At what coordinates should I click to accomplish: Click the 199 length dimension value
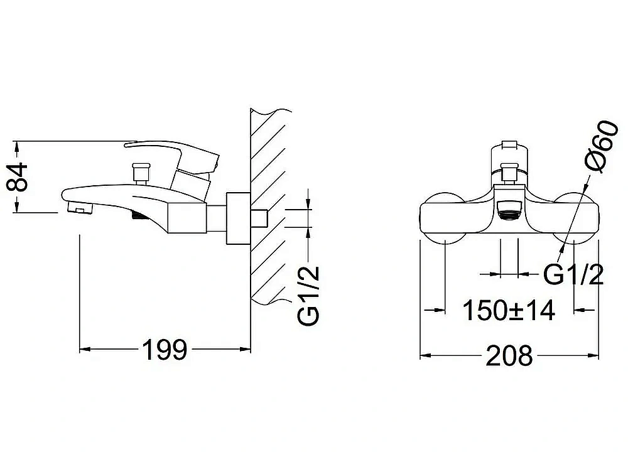(165, 350)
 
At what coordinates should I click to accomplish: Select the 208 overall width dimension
(509, 355)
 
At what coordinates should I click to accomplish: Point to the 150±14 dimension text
(509, 310)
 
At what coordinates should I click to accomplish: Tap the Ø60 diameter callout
(602, 146)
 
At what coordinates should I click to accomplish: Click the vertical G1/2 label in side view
(308, 296)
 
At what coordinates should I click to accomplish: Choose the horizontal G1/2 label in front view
(573, 274)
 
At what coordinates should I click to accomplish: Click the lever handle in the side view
(172, 156)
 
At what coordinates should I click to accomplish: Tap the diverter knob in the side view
(140, 173)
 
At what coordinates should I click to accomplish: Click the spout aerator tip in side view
(78, 208)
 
